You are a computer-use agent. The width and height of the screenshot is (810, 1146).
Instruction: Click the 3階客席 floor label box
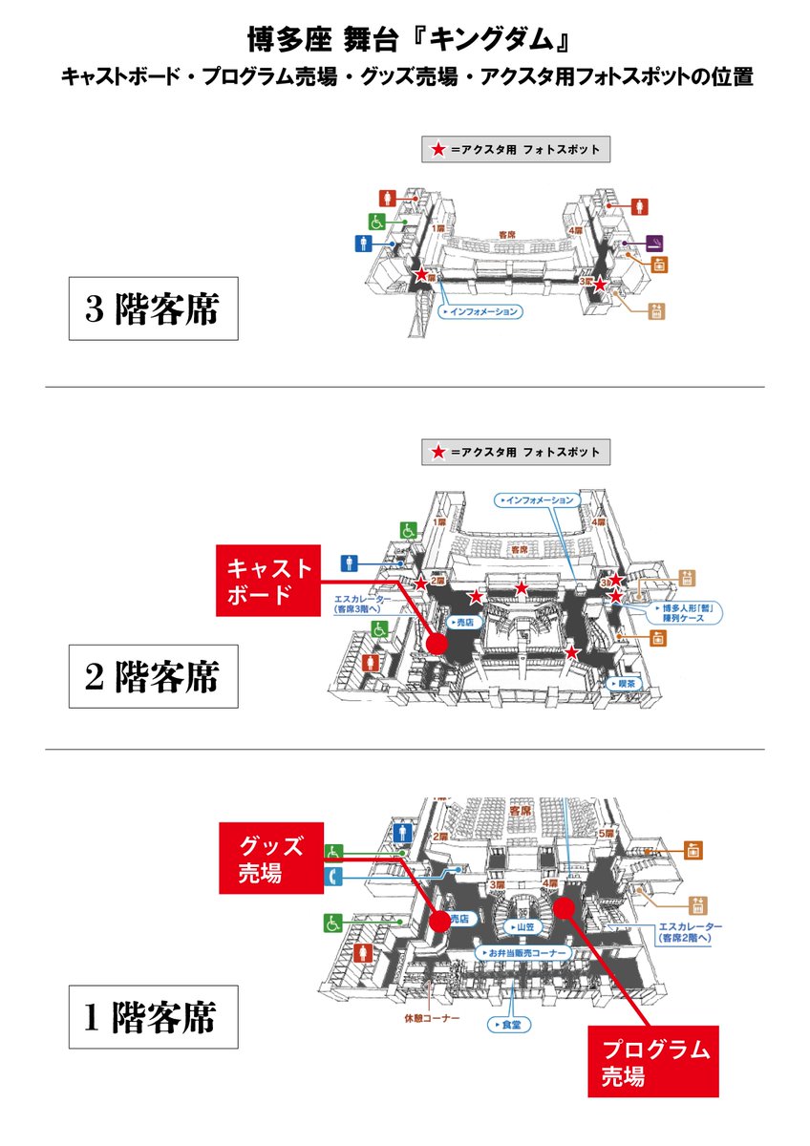pyautogui.click(x=153, y=309)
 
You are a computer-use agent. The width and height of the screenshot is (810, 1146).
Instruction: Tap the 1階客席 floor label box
pyautogui.click(x=153, y=1017)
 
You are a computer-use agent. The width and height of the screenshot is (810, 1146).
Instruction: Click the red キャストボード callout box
pyautogui.click(x=267, y=582)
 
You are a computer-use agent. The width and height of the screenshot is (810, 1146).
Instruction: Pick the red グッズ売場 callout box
pyautogui.click(x=271, y=858)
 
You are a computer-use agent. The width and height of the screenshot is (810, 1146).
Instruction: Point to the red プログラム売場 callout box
pyautogui.click(x=651, y=1063)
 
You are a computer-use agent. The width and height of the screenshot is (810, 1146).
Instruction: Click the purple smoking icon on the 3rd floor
pyautogui.click(x=655, y=241)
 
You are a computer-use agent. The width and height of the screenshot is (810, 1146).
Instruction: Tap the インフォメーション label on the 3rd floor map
pyautogui.click(x=481, y=311)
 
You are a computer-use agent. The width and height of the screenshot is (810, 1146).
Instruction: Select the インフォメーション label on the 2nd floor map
pyautogui.click(x=539, y=499)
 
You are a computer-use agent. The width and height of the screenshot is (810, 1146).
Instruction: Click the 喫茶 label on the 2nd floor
pyautogui.click(x=626, y=684)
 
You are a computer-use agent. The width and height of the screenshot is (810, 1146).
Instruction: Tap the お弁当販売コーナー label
pyautogui.click(x=523, y=953)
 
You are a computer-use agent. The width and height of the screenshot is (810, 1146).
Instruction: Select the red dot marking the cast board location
pyautogui.click(x=437, y=645)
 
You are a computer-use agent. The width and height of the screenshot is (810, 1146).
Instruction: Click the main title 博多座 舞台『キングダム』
pyautogui.click(x=406, y=41)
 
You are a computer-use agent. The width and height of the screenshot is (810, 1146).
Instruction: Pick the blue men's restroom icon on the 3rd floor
pyautogui.click(x=363, y=244)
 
